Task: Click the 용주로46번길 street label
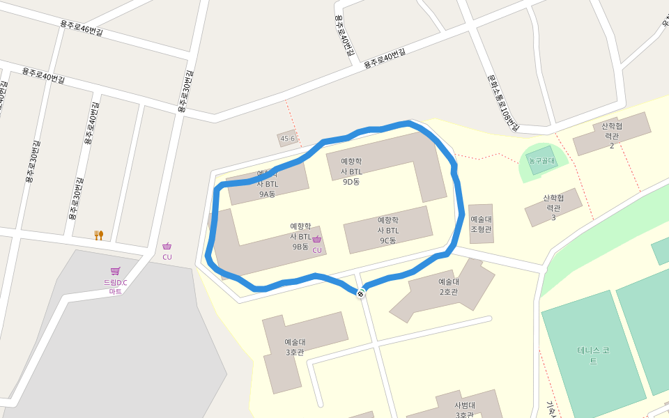(x=81, y=28)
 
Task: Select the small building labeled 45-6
(x=288, y=139)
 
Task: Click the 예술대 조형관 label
(x=481, y=224)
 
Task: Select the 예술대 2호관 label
(x=448, y=286)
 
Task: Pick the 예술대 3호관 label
(x=295, y=347)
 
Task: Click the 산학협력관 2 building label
(x=612, y=135)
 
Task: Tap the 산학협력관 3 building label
(x=553, y=208)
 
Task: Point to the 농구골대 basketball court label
(x=541, y=161)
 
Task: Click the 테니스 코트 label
(x=593, y=355)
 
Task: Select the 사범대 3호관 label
(x=465, y=410)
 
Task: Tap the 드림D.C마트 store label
(x=116, y=286)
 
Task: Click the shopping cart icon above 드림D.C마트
(x=115, y=271)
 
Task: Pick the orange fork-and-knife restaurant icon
(x=99, y=235)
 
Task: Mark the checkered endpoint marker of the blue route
(x=360, y=293)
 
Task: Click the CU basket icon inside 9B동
(x=316, y=240)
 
